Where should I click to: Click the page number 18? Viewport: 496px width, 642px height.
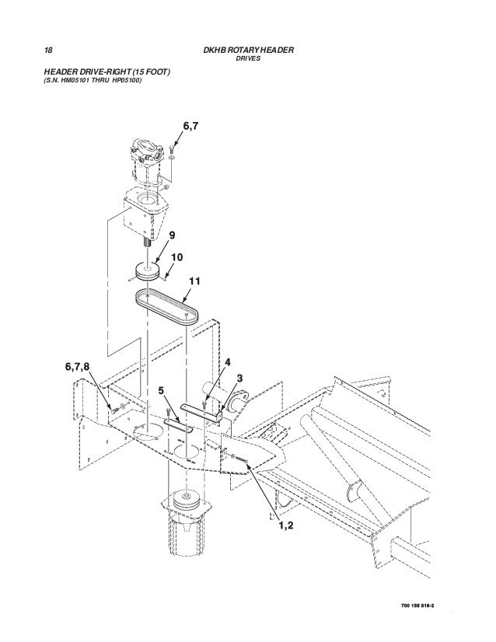(48, 51)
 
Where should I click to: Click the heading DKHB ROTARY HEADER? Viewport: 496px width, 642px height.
(248, 51)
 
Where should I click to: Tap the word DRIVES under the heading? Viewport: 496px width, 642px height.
(248, 58)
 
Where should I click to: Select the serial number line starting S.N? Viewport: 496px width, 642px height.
(93, 80)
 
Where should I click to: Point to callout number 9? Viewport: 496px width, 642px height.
(172, 235)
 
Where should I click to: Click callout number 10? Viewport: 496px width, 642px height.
(177, 257)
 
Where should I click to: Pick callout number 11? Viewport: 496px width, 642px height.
(194, 281)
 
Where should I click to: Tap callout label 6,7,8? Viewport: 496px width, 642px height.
(77, 367)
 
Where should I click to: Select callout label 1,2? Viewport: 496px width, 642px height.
(286, 525)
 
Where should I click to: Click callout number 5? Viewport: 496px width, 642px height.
(162, 391)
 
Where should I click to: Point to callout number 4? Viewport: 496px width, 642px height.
(228, 362)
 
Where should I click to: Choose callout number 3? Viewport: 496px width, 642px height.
(240, 379)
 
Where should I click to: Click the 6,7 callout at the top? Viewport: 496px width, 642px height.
(191, 126)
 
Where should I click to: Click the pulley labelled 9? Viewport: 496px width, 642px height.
(147, 271)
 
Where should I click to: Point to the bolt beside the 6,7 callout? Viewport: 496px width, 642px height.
(172, 151)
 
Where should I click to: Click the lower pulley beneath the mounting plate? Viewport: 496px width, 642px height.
(187, 501)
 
